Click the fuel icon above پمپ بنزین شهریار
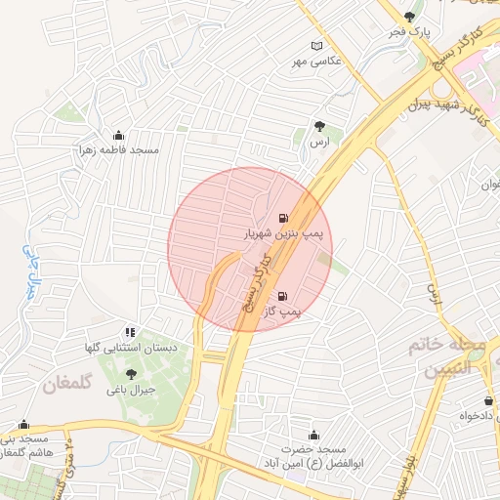click(283, 218)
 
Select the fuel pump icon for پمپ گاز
click(283, 296)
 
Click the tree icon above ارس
click(318, 125)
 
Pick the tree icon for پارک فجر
click(408, 17)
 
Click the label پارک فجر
click(409, 33)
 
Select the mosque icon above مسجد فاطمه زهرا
click(119, 135)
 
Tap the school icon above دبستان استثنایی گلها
click(130, 333)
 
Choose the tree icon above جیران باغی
click(132, 373)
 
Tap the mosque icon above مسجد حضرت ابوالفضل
click(313, 436)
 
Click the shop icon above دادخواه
click(488, 400)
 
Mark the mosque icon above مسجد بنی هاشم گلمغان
click(23, 425)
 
